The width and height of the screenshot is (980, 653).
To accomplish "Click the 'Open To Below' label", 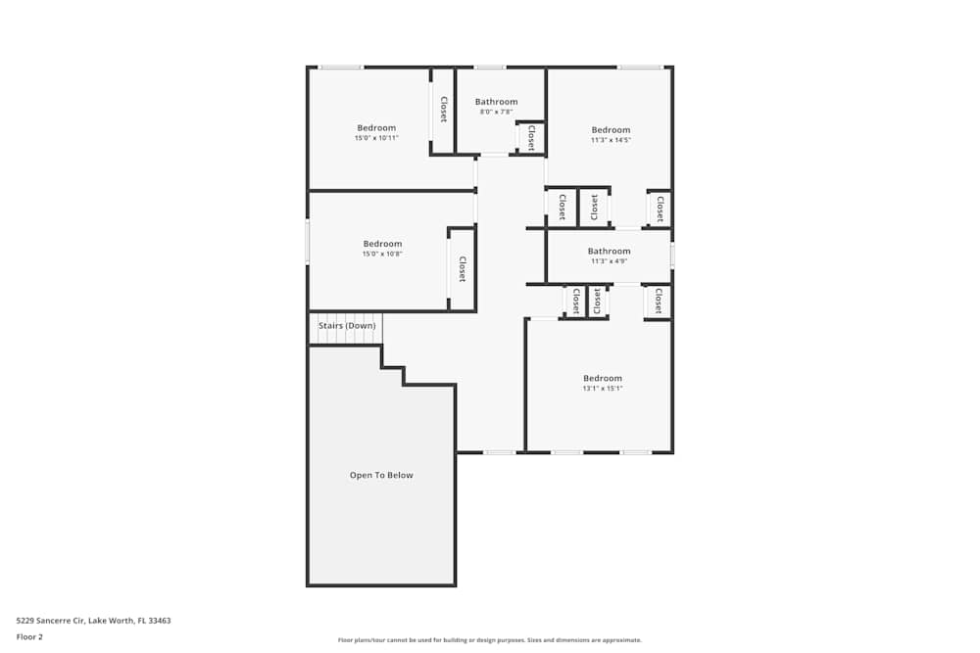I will coord(381,476).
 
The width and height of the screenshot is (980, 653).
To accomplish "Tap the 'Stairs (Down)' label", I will coord(347,326).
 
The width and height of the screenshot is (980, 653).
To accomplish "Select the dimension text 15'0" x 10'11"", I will coord(376,138).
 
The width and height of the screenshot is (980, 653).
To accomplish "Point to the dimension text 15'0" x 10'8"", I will coord(382,254).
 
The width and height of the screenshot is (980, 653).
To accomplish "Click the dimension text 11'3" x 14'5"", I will coord(611,140).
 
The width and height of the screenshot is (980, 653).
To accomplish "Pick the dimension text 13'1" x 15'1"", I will coord(603,389).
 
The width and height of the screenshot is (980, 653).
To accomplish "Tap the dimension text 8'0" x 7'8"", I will coord(496,112).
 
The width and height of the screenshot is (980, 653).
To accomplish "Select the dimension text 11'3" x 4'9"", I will coord(609,261).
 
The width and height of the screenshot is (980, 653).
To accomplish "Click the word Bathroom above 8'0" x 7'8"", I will coord(496,102).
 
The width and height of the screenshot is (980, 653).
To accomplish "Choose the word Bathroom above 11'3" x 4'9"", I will coord(609,252).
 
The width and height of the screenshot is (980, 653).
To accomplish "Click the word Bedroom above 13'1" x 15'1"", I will coord(603,379).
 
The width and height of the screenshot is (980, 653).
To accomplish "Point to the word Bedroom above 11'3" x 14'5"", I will coord(611,130).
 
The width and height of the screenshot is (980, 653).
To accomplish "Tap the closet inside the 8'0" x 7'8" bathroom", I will coord(531,137).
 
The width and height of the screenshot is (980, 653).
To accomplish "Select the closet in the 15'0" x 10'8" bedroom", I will coord(462,269).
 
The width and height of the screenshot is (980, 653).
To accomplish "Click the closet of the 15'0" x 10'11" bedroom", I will coord(443,110).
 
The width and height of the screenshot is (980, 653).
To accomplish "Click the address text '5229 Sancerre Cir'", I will coord(51,621).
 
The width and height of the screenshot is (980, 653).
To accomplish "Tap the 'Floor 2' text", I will coord(29,636).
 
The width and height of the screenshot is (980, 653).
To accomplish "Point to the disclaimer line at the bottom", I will coord(490,640).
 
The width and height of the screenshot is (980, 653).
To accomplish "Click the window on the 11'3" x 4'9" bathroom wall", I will coord(672,256).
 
